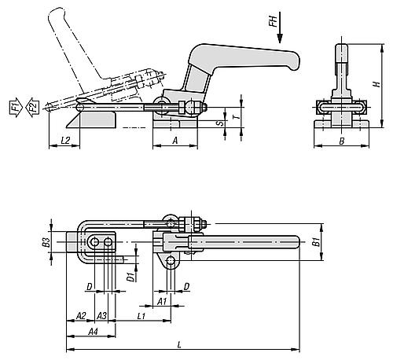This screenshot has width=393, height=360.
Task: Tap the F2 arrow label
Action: [x=32, y=106]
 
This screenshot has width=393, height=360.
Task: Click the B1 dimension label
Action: [x=317, y=242]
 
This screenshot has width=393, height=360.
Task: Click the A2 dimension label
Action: [x=80, y=314]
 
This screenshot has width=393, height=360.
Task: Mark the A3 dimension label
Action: [x=101, y=314]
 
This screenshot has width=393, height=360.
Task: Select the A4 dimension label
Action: [x=93, y=332]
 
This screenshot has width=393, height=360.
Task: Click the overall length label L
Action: [x=180, y=343]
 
